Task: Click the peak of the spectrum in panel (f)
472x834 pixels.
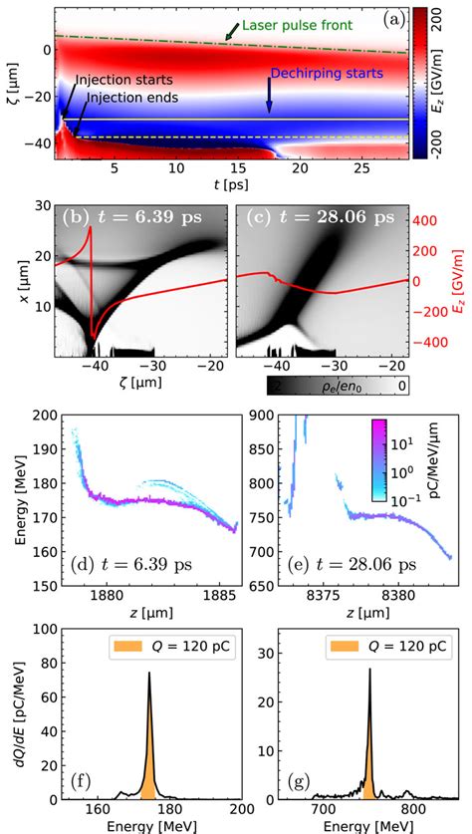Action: tap(149, 674)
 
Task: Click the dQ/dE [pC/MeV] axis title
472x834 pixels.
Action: tap(12, 711)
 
